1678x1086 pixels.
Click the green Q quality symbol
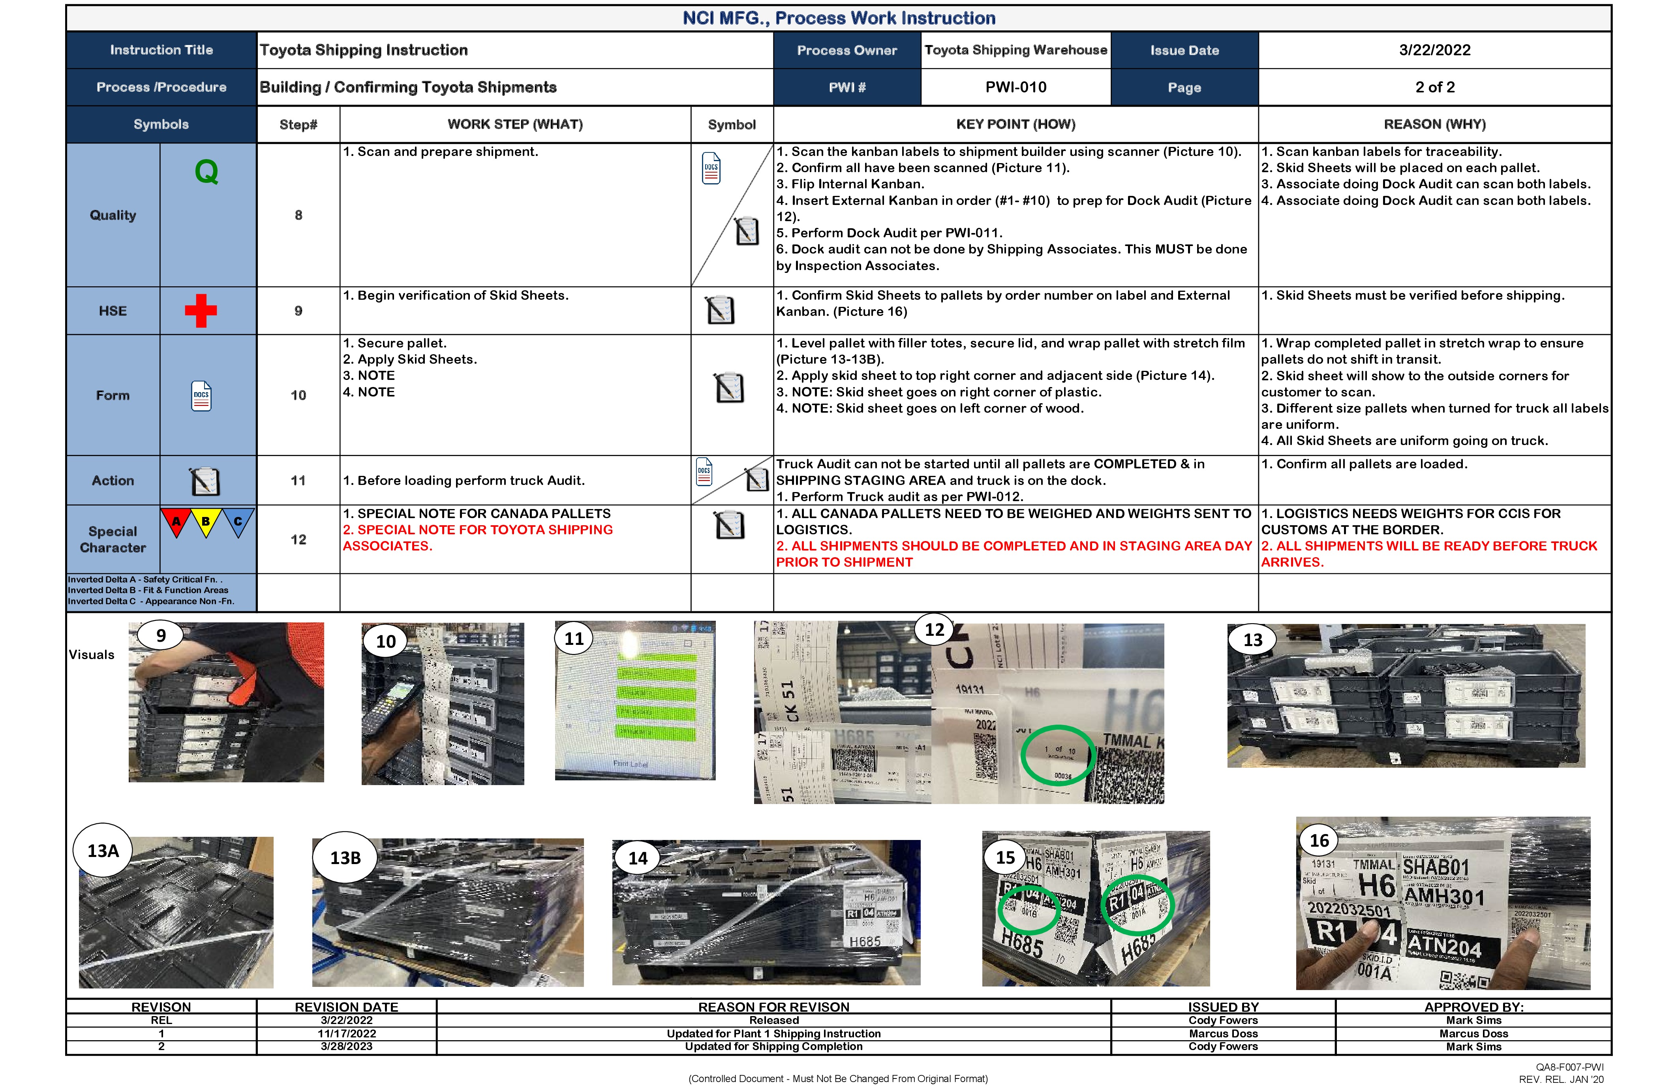206,171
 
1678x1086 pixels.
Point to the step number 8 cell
298,215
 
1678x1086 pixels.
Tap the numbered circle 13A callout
103,851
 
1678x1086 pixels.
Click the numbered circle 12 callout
934,630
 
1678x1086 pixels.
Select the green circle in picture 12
1058,755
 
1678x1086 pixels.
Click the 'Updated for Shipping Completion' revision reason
773,1047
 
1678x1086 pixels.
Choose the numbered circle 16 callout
1319,841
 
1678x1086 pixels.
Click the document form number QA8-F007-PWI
1569,1067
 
